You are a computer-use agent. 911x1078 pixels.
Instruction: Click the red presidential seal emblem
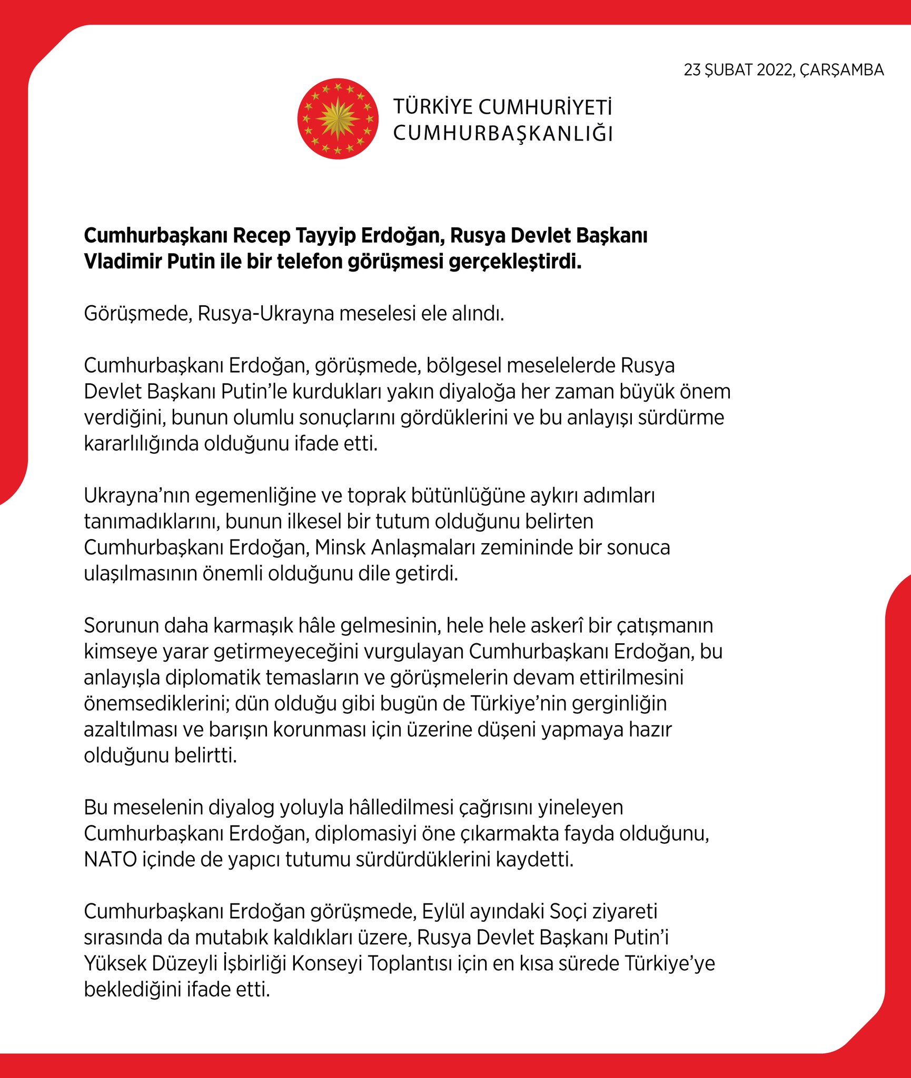pos(338,119)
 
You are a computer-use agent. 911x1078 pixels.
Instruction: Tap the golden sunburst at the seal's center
pos(338,119)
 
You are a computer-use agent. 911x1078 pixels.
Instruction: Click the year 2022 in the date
pos(774,70)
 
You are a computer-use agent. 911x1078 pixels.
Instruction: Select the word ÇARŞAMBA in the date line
pos(841,70)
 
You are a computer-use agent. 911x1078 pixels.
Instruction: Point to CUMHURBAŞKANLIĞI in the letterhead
pos(503,134)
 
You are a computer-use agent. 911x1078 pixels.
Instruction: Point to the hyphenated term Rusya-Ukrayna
pos(266,314)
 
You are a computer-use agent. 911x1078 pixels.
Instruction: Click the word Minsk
pos(340,547)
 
